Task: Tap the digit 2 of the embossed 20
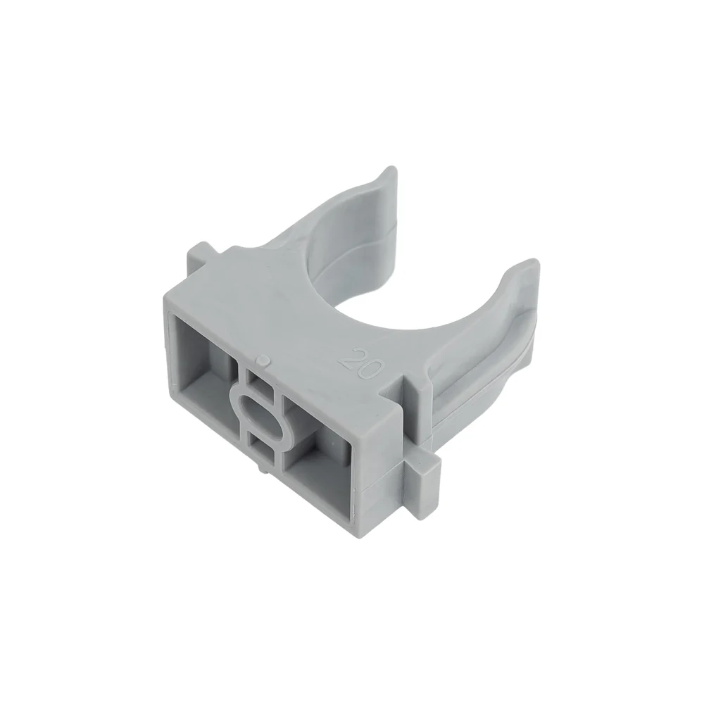(351, 357)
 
